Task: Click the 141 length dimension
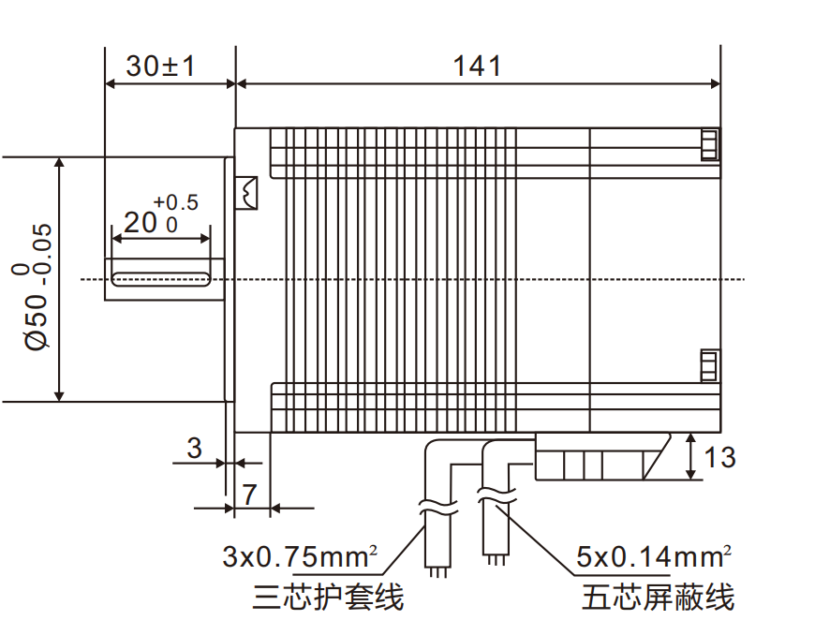(477, 66)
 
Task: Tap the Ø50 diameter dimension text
(36, 287)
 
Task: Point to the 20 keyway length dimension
(141, 222)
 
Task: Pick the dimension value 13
(719, 457)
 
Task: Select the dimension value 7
(249, 495)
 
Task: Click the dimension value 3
(194, 449)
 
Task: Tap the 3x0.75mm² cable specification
(299, 558)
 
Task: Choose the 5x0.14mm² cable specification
(652, 558)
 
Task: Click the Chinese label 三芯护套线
(328, 597)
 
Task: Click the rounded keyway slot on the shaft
(160, 278)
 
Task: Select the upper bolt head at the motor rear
(709, 143)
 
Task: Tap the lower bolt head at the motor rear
(709, 365)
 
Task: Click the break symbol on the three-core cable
(438, 510)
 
